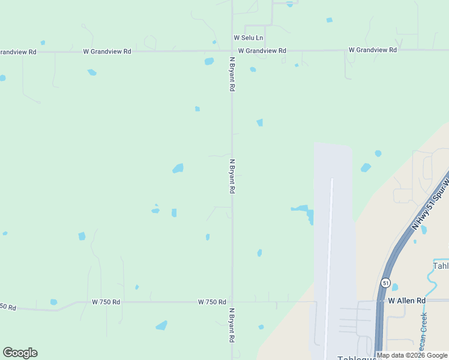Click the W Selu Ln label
[x=249, y=38]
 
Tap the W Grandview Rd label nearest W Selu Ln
[x=262, y=51]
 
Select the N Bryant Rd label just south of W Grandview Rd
[x=232, y=74]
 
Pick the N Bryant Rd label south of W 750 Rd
[x=232, y=325]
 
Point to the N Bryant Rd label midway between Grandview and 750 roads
[x=232, y=176]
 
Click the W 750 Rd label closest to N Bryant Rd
[x=212, y=302]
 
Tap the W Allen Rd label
[x=406, y=300]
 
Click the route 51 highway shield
[x=385, y=282]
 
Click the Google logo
[x=20, y=353]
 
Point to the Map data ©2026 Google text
[x=412, y=355]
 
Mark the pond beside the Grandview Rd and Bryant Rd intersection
[x=209, y=61]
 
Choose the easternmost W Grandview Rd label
[x=372, y=49]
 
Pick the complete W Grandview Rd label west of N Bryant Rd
[x=107, y=52]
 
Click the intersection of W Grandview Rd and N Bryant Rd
[x=232, y=51]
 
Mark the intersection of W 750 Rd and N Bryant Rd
[x=232, y=302]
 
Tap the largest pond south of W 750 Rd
[x=161, y=326]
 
